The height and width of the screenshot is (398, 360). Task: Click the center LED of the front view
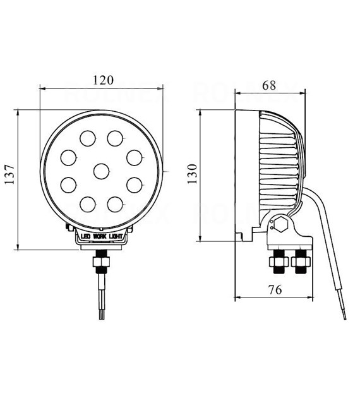tap(101, 170)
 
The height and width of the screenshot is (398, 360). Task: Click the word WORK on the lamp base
tap(100, 237)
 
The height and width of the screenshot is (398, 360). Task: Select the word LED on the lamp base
tap(85, 237)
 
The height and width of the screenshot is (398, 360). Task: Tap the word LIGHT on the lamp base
tap(116, 237)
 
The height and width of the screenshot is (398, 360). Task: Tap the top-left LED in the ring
tap(87, 137)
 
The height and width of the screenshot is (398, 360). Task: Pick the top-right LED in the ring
tap(114, 137)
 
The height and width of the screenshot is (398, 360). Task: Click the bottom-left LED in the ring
tap(88, 203)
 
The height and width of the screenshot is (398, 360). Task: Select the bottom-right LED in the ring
tap(114, 203)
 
